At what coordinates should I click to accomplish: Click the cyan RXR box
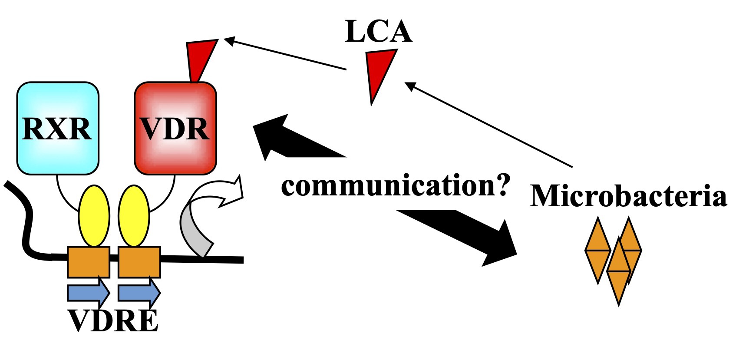[58, 128]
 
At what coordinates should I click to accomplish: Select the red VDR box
[175, 128]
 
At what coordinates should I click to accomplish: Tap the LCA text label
[378, 31]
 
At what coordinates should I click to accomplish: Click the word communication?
[395, 185]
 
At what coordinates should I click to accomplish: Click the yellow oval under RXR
[94, 216]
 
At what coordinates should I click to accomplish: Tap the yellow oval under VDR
[134, 216]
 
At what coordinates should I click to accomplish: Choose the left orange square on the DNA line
[88, 262]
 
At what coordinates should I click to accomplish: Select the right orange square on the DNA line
[139, 262]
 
